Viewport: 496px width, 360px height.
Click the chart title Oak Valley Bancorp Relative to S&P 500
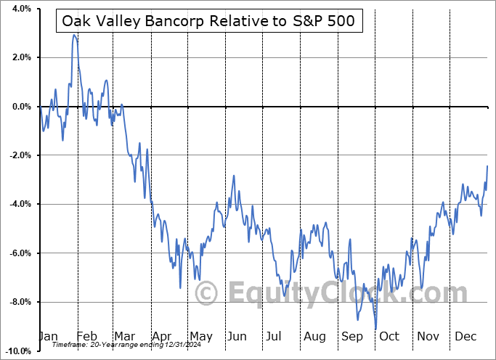(x=208, y=21)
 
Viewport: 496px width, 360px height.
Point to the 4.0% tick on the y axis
(x=19, y=9)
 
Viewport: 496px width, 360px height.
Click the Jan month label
(x=49, y=337)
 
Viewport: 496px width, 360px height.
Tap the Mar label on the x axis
(x=124, y=337)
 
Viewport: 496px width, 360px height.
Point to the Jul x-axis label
(x=275, y=337)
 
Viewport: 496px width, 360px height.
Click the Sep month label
(x=352, y=337)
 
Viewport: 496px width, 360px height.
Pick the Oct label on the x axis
(x=389, y=337)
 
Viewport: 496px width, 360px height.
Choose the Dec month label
(x=465, y=337)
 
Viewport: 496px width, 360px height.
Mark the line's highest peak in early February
(x=74, y=35)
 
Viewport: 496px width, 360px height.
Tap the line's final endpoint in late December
(x=487, y=166)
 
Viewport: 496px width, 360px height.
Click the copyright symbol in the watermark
(x=208, y=294)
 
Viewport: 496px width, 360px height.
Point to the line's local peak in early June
(x=234, y=176)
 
